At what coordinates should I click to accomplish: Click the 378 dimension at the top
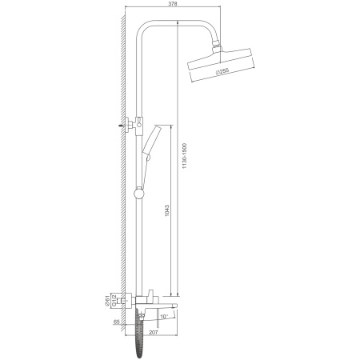point(173,3)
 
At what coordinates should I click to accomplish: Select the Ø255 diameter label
point(222,71)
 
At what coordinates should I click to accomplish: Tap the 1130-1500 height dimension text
point(185,156)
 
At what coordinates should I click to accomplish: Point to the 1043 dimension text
point(167,210)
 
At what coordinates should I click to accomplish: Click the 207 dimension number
point(154,332)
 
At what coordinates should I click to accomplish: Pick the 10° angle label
point(164,317)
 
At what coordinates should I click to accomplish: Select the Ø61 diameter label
point(107,301)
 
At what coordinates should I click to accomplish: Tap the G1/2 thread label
point(114,301)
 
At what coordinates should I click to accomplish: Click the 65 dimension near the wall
point(116,322)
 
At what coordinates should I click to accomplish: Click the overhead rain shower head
point(220,65)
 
